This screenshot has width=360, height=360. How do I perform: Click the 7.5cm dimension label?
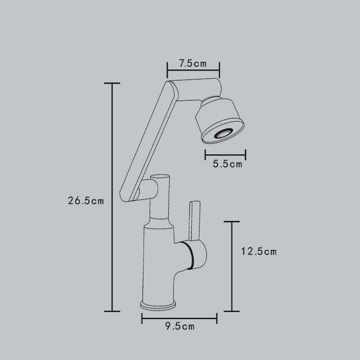click(193, 63)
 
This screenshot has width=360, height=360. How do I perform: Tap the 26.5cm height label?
click(86, 201)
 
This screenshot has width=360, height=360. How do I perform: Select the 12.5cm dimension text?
click(259, 251)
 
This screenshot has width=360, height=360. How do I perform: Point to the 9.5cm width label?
click(180, 326)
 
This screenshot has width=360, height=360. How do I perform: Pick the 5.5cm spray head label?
click(227, 164)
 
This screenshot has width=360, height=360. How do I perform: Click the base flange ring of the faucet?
click(158, 305)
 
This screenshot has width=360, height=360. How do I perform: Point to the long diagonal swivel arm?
click(149, 141)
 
